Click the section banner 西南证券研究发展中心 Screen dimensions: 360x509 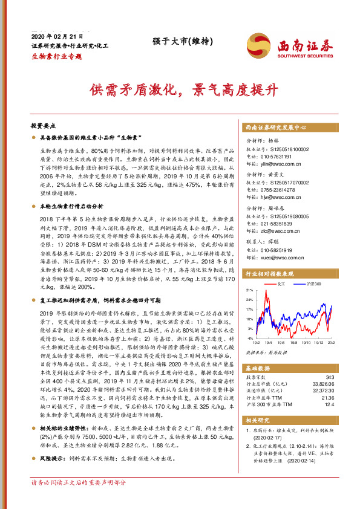tap(275, 128)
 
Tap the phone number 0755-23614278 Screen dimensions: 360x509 tap(278, 190)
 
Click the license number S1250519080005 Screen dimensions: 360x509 tap(286, 215)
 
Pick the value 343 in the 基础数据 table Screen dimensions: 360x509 tap(330, 377)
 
